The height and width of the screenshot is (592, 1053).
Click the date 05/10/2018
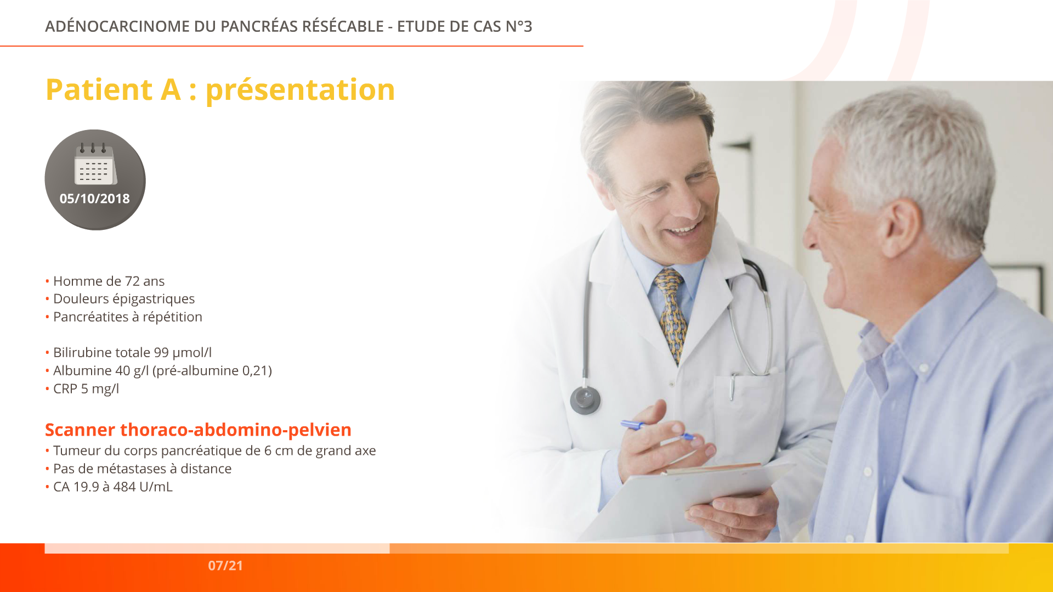(95, 199)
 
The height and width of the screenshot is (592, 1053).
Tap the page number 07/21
(225, 566)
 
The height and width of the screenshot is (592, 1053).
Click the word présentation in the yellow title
(300, 91)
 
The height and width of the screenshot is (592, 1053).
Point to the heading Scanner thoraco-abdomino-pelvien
(198, 430)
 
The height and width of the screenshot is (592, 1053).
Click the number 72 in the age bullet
(132, 281)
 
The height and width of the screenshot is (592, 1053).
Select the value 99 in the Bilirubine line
(161, 352)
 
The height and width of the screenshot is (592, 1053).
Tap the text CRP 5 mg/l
(86, 389)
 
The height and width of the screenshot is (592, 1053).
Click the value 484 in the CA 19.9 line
(124, 487)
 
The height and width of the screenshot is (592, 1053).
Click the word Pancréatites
(90, 317)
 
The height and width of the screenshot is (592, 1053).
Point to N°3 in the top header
(519, 26)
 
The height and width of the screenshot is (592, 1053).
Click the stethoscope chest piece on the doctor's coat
(585, 400)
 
